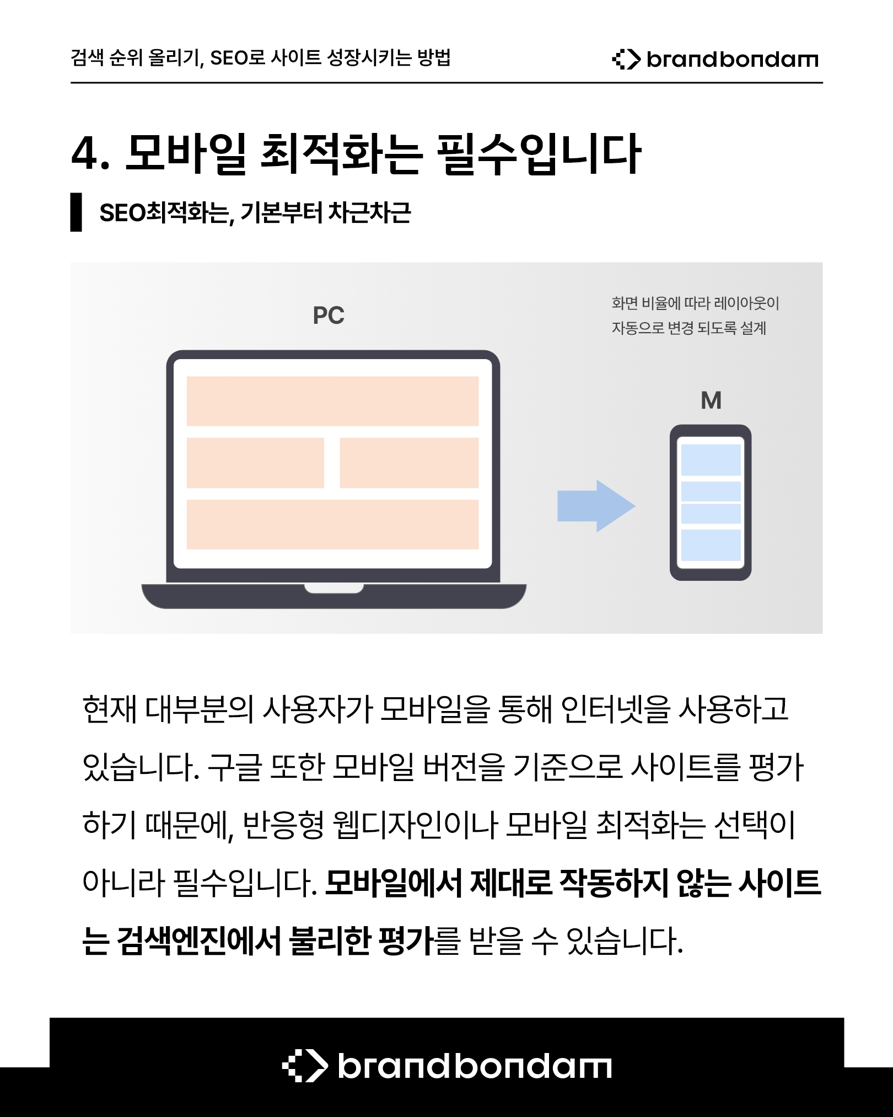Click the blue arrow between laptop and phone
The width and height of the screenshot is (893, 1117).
[x=596, y=506]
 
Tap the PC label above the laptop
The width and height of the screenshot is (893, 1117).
[x=329, y=316]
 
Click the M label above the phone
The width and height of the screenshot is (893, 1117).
[x=711, y=400]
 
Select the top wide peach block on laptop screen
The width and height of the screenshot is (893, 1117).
[x=332, y=401]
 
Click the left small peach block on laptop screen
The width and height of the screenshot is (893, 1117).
[x=255, y=463]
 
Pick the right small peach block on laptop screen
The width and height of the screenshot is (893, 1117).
[x=409, y=463]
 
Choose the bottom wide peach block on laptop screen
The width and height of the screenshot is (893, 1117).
[x=332, y=525]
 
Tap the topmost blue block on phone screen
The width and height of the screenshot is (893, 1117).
[x=711, y=459]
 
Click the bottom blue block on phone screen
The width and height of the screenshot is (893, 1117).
[x=711, y=545]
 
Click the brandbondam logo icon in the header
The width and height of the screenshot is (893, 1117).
[x=626, y=59]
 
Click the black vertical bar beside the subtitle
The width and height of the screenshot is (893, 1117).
[x=76, y=212]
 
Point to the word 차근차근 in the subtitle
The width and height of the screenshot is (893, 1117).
[x=370, y=212]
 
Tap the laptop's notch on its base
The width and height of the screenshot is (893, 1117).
[x=334, y=589]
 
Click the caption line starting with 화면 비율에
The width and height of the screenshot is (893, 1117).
[x=696, y=303]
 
